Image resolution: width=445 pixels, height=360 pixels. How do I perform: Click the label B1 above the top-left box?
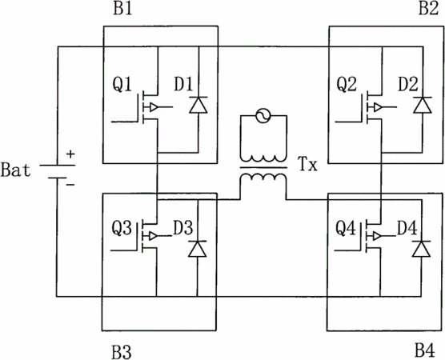click(122, 9)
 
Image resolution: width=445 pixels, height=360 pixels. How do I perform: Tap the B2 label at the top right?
click(428, 9)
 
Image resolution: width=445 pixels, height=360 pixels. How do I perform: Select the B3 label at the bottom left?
click(122, 352)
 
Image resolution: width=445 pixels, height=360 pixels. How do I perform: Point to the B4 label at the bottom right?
click(425, 350)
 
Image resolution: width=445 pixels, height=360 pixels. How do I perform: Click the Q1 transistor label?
click(122, 84)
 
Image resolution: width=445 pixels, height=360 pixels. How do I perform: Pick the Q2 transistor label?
click(347, 84)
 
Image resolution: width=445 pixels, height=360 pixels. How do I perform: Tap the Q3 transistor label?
click(122, 228)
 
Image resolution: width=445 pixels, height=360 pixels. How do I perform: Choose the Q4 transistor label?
click(346, 228)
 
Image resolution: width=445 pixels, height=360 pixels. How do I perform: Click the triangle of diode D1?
click(198, 105)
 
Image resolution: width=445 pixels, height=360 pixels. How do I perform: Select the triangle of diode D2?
click(423, 105)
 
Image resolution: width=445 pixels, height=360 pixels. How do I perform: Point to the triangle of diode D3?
click(198, 249)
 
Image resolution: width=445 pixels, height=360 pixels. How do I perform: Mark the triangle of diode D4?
click(421, 249)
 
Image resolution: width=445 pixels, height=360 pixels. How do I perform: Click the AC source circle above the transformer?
click(263, 116)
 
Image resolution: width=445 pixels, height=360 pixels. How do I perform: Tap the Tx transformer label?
click(308, 164)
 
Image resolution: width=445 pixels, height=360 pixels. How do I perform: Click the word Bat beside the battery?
click(16, 170)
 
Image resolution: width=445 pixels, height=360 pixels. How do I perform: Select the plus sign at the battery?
click(70, 154)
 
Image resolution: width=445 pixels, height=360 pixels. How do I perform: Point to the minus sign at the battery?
click(70, 185)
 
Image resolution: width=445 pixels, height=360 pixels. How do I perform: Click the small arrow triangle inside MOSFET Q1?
click(154, 107)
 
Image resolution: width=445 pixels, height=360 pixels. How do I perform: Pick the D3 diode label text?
click(183, 227)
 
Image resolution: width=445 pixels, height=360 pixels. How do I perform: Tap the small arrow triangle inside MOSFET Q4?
click(378, 236)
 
